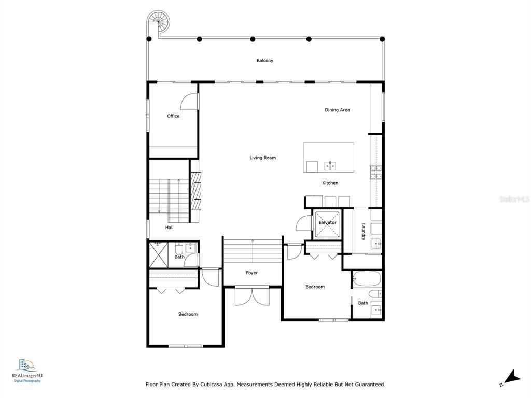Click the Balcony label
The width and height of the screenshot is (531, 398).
click(264, 61)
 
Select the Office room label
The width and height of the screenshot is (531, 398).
click(173, 116)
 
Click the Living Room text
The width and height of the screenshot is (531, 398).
click(262, 158)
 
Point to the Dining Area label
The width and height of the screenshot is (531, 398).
click(337, 110)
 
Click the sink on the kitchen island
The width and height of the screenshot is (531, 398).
click(330, 166)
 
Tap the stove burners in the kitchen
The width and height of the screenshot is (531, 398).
click(375, 172)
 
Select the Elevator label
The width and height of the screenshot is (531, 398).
click(327, 223)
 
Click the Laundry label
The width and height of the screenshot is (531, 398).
click(363, 232)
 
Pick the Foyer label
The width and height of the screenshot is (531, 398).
click(251, 273)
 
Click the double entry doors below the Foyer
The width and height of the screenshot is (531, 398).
click(252, 296)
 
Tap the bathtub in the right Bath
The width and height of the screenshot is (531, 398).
click(367, 278)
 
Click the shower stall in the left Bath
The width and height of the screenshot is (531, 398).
click(159, 254)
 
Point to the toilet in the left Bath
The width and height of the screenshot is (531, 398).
click(179, 249)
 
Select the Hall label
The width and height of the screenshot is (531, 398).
click(170, 228)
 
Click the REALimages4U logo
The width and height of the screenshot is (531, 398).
click(27, 371)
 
